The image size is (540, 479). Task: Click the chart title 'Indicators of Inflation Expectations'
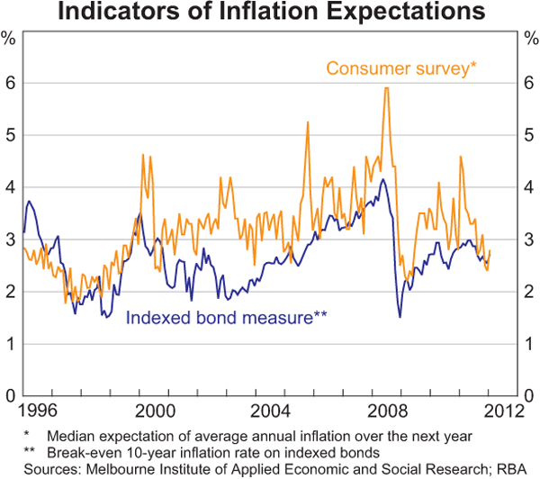coord(270,14)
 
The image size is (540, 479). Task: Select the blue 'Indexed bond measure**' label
coord(226,317)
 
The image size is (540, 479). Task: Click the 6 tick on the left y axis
coord(11,83)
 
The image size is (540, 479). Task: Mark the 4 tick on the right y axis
coord(529,187)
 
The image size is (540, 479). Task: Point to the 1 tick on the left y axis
coord(11,344)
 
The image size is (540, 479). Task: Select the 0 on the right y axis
coord(529,396)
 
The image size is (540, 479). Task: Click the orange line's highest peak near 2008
coord(386,87)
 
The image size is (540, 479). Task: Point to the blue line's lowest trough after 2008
coord(400,316)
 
